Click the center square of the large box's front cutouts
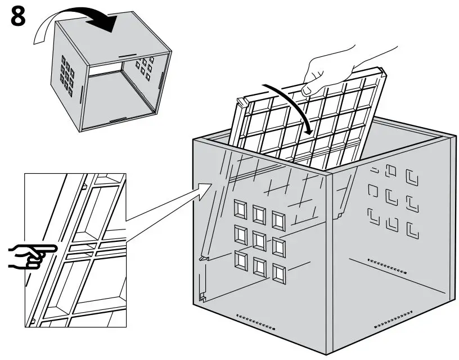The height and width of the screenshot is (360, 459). (x=259, y=240)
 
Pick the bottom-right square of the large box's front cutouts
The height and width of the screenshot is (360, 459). (x=278, y=273)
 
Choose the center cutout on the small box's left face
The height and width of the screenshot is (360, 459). (x=68, y=74)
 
